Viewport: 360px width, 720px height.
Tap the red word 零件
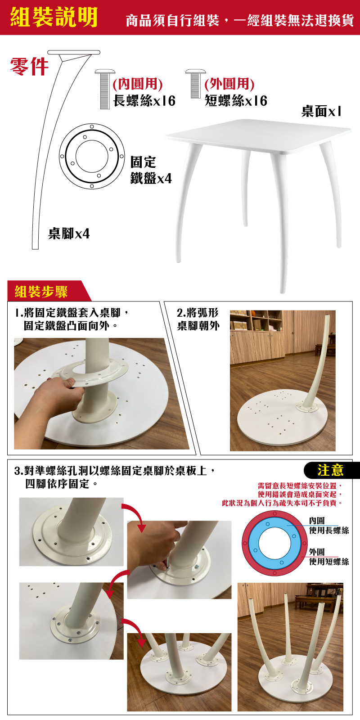coord(29,67)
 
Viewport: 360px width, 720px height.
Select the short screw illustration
coord(195,84)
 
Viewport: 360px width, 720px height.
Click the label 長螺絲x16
coord(144,101)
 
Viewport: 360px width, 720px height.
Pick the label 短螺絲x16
coord(236,101)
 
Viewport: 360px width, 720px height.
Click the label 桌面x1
coord(321,111)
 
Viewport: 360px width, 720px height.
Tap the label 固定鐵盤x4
coord(151,170)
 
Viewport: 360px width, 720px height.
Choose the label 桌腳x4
coord(69,234)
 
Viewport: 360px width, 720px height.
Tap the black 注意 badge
coord(331,470)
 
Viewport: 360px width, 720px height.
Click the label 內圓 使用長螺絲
coord(329,525)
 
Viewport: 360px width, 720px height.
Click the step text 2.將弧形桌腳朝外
coord(198,319)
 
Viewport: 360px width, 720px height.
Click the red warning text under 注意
coord(283,494)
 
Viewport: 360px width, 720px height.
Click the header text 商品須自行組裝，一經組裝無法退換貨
coord(240,20)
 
